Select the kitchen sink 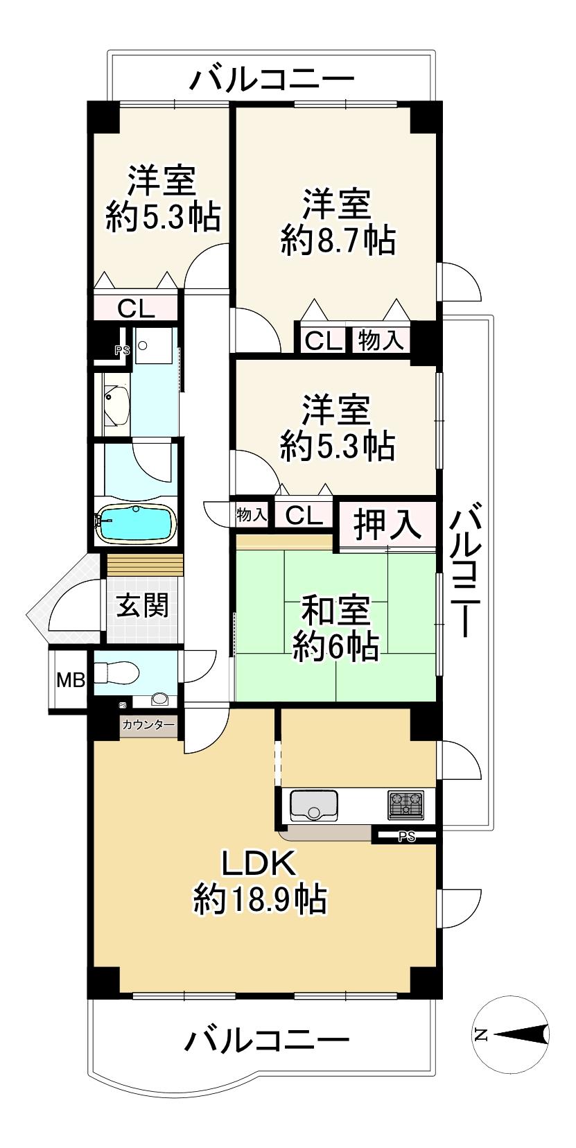(x=313, y=805)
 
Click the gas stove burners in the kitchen (x=405, y=805)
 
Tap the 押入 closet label (x=387, y=524)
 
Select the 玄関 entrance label (x=142, y=607)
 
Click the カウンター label (x=148, y=725)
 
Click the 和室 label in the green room (x=337, y=611)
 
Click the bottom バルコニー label (x=266, y=1041)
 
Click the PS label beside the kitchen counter (x=407, y=837)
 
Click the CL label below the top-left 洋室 (x=136, y=308)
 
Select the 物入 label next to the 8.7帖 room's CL (x=380, y=341)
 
